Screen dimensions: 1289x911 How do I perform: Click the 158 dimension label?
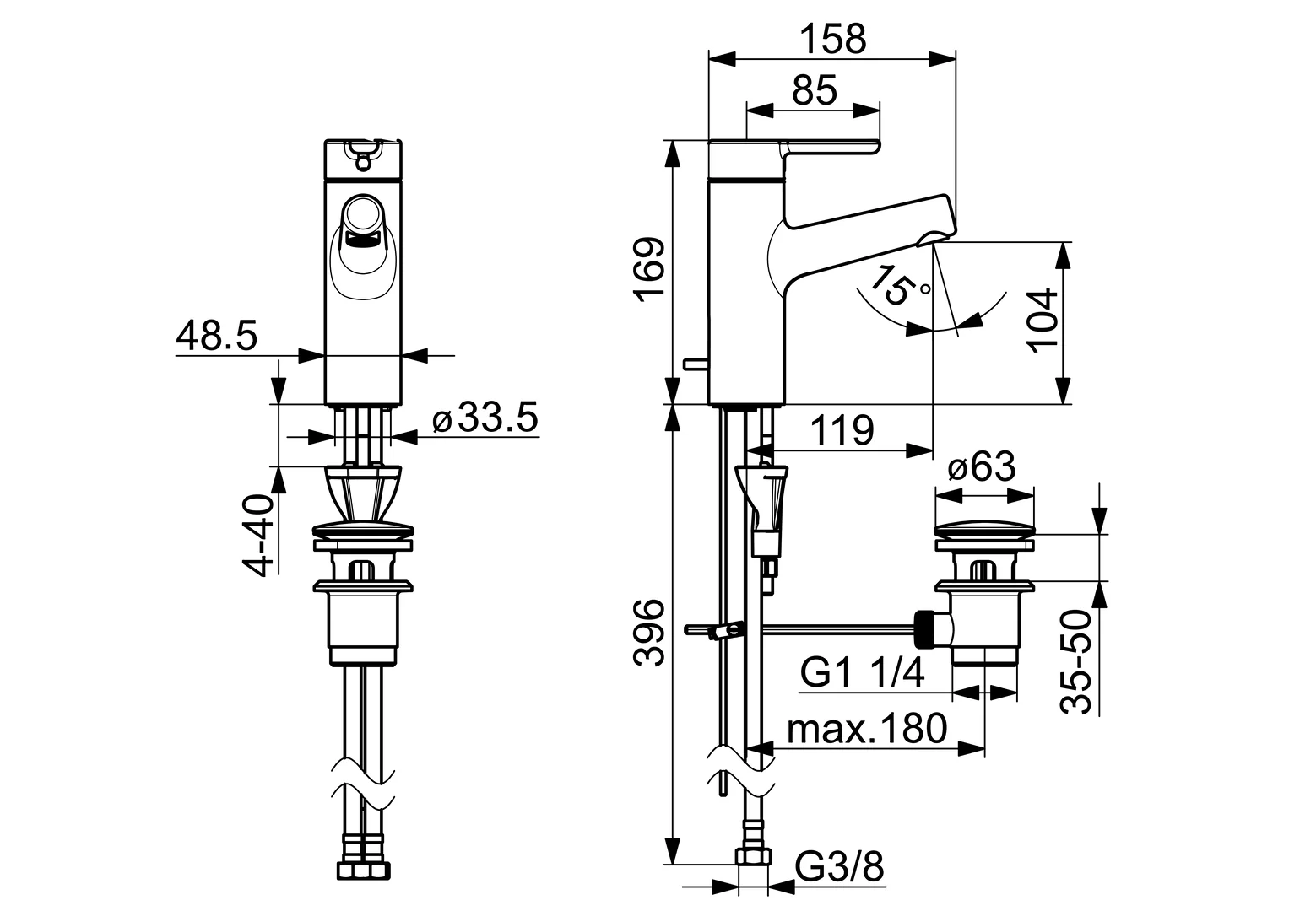click(x=833, y=39)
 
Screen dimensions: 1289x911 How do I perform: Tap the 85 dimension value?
click(x=815, y=90)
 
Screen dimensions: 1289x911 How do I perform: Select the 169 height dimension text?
click(x=649, y=269)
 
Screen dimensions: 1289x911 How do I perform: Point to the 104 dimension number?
click(x=1043, y=321)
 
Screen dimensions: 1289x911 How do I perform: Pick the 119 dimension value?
click(x=842, y=430)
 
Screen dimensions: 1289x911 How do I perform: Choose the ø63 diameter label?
click(x=983, y=466)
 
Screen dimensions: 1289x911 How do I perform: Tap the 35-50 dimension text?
click(x=1075, y=661)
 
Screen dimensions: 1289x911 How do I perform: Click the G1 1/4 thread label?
click(x=863, y=673)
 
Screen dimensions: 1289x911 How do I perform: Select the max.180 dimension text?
click(x=867, y=728)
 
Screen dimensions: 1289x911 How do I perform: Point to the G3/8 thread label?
click(x=840, y=883)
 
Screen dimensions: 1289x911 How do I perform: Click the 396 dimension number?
click(x=649, y=633)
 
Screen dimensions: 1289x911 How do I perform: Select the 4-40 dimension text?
click(x=257, y=535)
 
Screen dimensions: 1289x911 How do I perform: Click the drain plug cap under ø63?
click(x=984, y=530)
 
